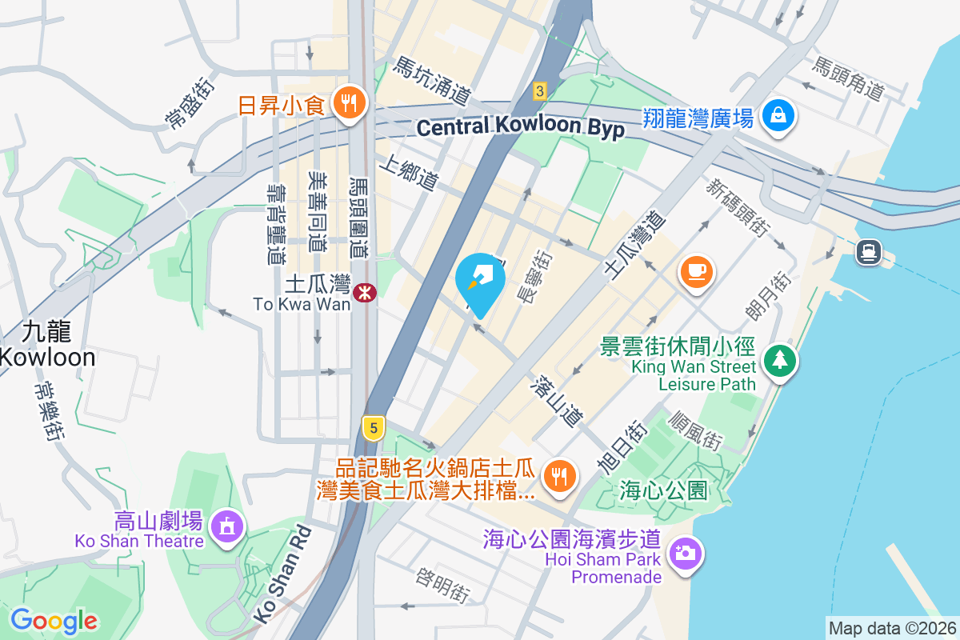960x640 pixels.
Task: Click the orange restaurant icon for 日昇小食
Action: [349, 103]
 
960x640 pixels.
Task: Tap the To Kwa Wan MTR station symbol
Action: [366, 293]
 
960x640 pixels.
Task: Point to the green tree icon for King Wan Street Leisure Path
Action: [778, 359]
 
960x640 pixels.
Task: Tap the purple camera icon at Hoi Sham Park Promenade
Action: [686, 553]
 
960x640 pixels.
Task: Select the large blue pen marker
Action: [480, 282]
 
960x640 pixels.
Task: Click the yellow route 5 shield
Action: [371, 427]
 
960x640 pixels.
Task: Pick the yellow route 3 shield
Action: [540, 91]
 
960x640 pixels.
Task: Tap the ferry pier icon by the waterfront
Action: [868, 253]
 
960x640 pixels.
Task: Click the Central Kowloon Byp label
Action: [520, 128]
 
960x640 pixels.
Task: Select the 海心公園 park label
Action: [664, 490]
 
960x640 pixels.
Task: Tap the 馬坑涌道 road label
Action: [431, 81]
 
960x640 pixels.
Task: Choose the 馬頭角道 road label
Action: [847, 78]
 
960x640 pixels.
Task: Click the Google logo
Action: [54, 620]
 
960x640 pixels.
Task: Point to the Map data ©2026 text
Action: [892, 628]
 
